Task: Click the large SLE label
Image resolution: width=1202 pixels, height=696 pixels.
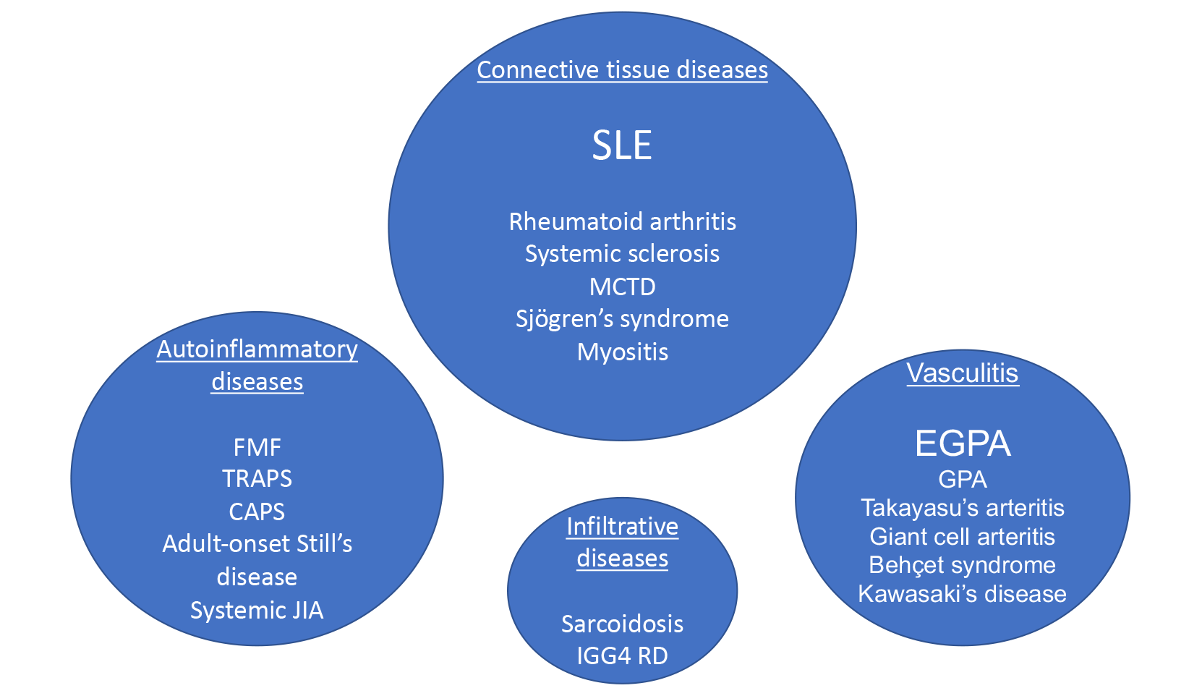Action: point(622,145)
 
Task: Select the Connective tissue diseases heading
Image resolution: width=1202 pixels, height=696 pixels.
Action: point(622,70)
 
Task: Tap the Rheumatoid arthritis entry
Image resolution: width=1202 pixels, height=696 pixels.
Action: point(622,221)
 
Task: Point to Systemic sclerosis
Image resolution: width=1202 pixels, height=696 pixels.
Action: point(622,254)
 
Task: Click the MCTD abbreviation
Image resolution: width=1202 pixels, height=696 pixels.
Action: point(622,287)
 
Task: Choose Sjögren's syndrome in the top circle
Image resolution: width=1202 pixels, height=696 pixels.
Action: point(622,319)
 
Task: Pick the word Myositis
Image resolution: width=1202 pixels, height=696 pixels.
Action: point(622,352)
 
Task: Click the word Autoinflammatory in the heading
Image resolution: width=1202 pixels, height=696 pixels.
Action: point(257,349)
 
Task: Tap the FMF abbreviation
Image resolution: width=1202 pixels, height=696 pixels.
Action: point(257,447)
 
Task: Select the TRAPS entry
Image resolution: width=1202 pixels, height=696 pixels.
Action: point(257,479)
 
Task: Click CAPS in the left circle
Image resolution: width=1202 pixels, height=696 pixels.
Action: point(257,512)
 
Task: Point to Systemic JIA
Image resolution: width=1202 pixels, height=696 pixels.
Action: point(257,610)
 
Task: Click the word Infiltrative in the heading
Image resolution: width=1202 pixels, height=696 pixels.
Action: point(622,527)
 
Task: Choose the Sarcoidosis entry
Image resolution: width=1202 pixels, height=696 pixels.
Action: point(622,624)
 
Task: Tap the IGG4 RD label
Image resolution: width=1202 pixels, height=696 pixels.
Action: point(622,655)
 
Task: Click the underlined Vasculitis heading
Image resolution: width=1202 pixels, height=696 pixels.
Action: point(962,373)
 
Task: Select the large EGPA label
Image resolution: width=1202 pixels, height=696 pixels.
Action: point(962,444)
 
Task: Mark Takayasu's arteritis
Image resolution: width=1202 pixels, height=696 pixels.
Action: point(962,508)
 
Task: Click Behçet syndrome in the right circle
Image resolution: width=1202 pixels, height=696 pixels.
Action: point(962,565)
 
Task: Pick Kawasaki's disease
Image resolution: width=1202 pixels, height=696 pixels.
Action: point(962,594)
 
